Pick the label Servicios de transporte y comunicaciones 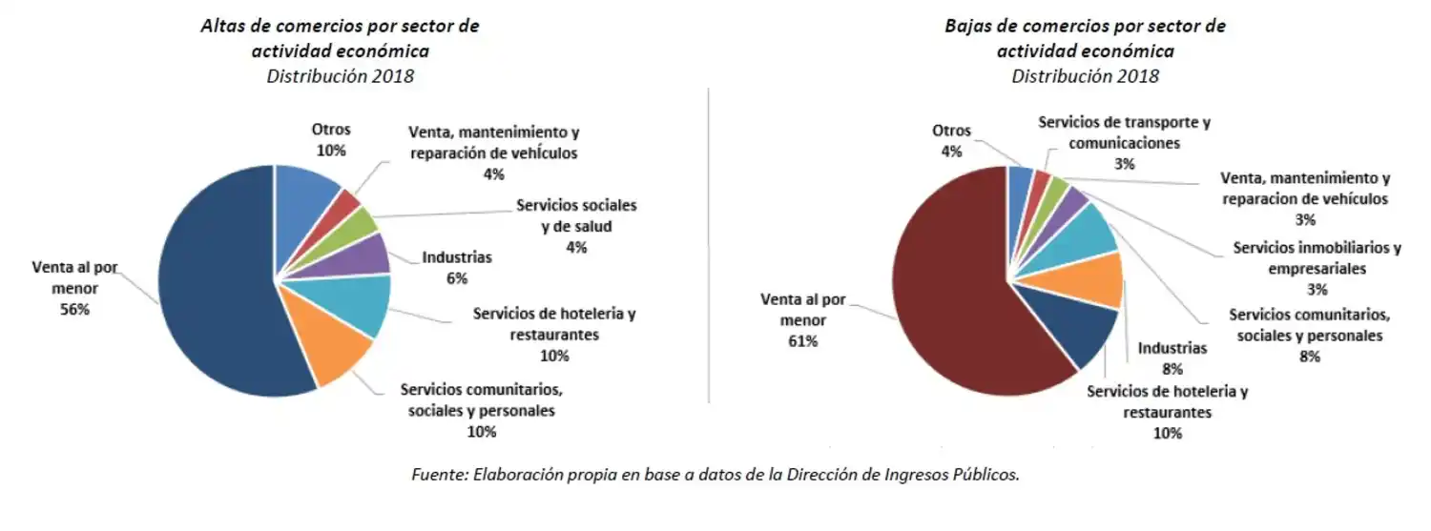pyautogui.click(x=1124, y=133)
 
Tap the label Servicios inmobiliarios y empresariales pyautogui.click(x=1317, y=258)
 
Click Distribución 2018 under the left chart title pyautogui.click(x=341, y=76)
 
